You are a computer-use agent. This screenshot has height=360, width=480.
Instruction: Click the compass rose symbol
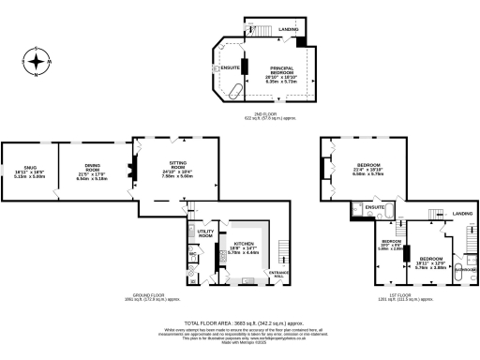36,63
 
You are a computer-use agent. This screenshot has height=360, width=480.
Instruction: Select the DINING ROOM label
88,171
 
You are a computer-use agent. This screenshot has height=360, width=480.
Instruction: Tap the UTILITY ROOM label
205,232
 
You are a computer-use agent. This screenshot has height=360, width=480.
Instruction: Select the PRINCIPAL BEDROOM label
282,73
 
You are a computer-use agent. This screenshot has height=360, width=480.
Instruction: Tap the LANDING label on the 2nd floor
290,29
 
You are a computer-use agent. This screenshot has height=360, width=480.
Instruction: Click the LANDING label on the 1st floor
462,214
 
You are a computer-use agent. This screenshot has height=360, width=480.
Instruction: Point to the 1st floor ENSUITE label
375,206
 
